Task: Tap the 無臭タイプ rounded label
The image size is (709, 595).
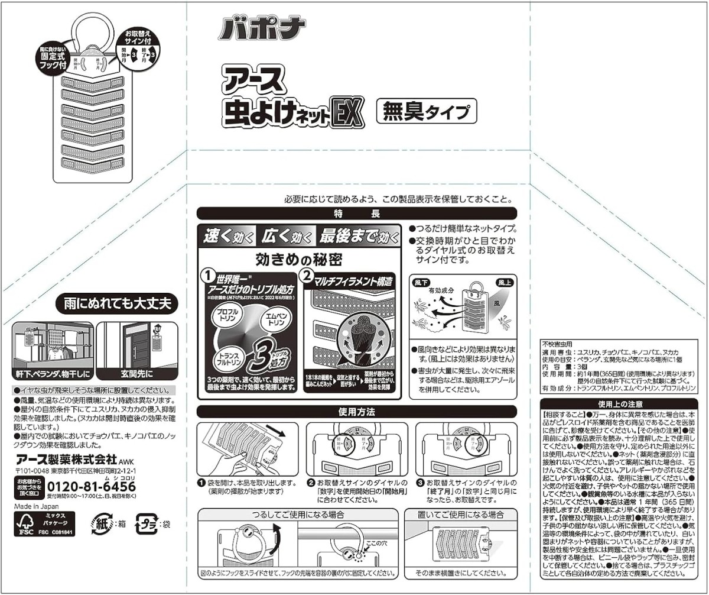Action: (x=426, y=111)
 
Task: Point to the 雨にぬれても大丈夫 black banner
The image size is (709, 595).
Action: (x=117, y=305)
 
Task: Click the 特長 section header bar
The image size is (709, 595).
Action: (x=356, y=214)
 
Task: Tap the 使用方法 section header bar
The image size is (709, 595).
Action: (x=356, y=412)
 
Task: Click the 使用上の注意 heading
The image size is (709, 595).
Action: (x=620, y=405)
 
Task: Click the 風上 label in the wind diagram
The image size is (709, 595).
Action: (x=505, y=283)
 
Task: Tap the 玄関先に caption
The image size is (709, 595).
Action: (x=136, y=373)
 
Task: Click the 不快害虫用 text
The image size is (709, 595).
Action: (x=557, y=343)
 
